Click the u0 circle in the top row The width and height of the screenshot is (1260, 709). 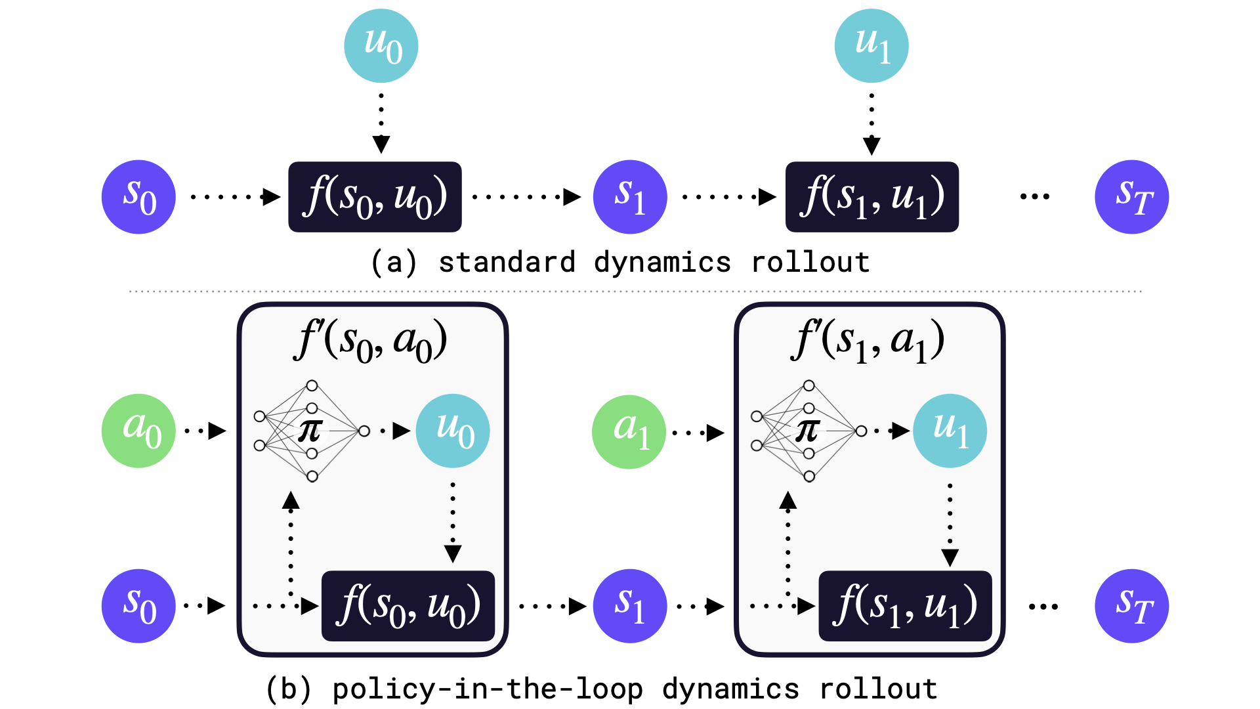click(381, 46)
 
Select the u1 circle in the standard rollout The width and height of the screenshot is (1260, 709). click(871, 46)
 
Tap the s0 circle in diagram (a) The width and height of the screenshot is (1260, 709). click(138, 197)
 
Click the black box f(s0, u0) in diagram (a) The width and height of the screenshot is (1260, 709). click(375, 197)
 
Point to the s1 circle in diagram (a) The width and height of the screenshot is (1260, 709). click(630, 197)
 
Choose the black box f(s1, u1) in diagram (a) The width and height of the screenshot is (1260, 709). click(872, 197)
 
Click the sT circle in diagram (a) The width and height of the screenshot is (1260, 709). click(1132, 197)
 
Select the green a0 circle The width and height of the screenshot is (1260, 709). click(138, 431)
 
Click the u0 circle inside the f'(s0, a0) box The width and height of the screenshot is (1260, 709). click(453, 431)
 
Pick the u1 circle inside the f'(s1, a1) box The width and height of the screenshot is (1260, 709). click(950, 431)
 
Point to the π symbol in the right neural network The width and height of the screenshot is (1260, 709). click(807, 431)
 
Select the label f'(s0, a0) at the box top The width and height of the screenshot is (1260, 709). click(371, 342)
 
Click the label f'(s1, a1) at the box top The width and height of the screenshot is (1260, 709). click(868, 342)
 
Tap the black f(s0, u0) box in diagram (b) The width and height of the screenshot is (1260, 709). click(408, 606)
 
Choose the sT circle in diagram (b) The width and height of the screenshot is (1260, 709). click(1132, 606)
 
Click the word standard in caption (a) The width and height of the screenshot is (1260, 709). click(507, 263)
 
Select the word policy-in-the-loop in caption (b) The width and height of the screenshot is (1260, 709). click(487, 689)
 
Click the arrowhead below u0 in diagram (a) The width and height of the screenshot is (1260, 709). click(381, 144)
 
